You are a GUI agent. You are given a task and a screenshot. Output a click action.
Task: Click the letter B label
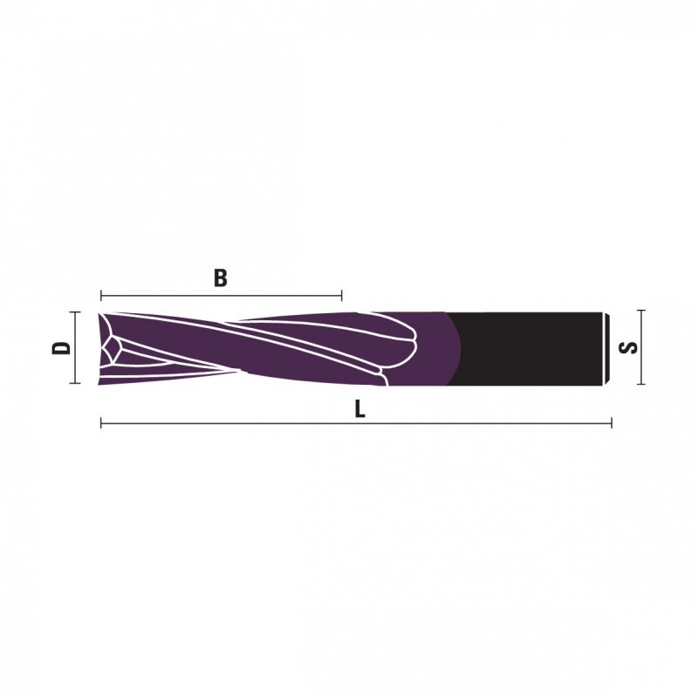[221, 277]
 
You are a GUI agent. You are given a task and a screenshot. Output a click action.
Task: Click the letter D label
[61, 347]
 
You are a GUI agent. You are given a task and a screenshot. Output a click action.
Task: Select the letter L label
[359, 409]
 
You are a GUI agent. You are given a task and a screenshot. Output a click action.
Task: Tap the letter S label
[628, 347]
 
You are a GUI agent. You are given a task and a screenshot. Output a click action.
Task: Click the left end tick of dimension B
[101, 295]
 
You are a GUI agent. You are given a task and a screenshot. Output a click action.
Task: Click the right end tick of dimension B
[341, 295]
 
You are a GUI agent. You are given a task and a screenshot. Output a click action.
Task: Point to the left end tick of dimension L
[101, 423]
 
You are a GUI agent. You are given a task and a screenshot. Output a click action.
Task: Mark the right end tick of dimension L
[612, 423]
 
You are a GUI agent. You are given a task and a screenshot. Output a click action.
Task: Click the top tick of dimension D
[75, 312]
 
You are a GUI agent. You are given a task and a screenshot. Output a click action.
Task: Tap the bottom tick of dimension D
[75, 383]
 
